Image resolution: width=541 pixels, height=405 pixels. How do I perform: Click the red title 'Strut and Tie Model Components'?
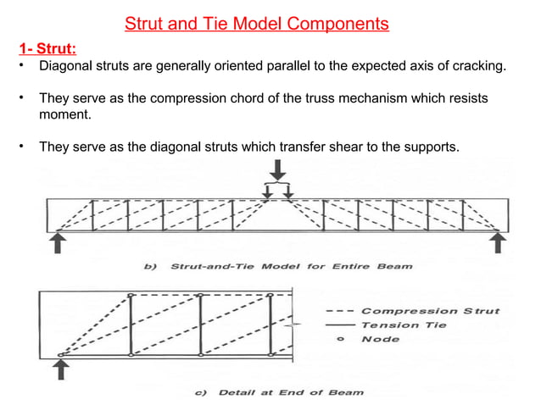257,24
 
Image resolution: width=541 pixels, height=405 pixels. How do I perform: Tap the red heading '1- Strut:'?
47,48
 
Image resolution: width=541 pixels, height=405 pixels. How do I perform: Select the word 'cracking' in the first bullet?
477,65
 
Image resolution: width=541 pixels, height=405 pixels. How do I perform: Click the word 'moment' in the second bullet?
64,114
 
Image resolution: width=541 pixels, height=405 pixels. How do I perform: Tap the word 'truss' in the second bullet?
323,98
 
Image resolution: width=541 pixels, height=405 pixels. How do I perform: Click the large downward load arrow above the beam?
277,169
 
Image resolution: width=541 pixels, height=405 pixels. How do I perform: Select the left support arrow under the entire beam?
58,243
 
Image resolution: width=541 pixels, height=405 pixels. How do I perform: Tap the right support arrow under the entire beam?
498,243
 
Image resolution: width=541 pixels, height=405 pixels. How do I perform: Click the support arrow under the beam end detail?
61,369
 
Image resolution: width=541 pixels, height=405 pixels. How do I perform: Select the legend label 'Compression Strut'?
430,311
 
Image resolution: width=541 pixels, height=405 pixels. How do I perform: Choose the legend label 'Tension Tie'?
404,325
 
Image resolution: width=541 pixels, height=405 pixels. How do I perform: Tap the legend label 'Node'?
381,339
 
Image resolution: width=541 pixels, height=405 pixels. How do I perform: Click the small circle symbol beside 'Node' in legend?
341,339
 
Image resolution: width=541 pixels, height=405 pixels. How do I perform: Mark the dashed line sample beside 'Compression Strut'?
340,311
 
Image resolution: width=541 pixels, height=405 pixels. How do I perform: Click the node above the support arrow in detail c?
61,355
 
